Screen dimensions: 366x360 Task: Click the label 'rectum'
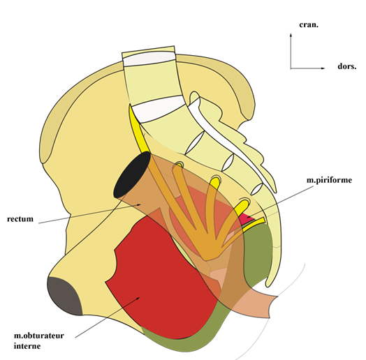point(20,219)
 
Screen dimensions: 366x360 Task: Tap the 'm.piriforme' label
point(329,180)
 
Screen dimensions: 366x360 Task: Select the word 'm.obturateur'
point(39,336)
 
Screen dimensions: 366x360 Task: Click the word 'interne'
point(27,346)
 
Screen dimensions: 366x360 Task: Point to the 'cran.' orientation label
point(309,24)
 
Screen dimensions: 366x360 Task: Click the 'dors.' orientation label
point(347,66)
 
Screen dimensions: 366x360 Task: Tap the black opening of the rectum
point(132,175)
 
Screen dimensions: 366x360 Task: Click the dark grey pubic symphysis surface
point(64,297)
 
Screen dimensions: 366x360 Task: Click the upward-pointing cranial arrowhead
point(291,35)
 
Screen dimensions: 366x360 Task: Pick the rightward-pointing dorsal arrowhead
point(323,68)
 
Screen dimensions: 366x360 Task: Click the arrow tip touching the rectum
point(140,204)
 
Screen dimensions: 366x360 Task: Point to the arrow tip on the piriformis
point(248,217)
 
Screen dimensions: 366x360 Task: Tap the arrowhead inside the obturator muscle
point(139,297)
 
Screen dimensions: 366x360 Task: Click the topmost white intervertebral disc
point(149,59)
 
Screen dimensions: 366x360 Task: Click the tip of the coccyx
point(268,285)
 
